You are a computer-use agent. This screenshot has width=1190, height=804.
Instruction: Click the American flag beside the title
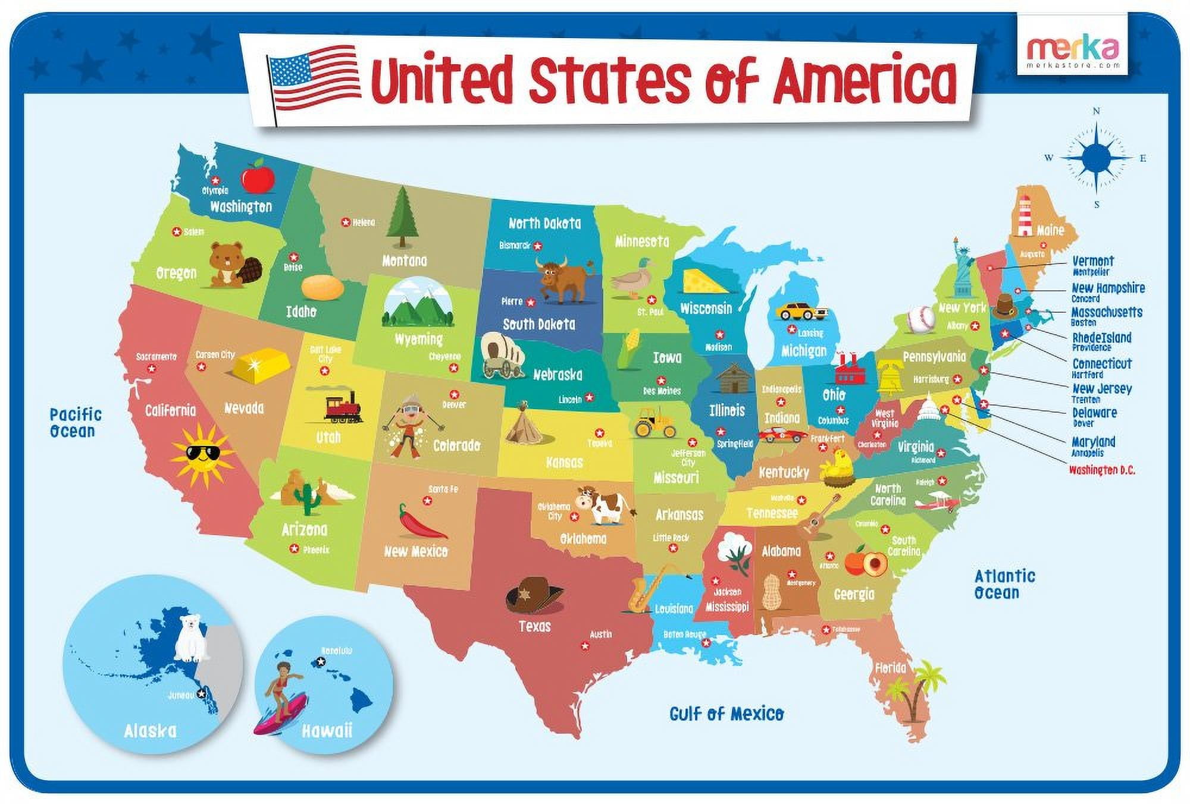[x=314, y=77]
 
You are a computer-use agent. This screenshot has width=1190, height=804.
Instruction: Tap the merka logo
[x=1073, y=48]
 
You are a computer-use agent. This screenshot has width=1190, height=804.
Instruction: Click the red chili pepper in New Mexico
[x=421, y=522]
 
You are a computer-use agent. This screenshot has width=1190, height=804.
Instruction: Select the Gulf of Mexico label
[x=726, y=713]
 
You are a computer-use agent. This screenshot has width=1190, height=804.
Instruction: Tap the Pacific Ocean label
[x=75, y=423]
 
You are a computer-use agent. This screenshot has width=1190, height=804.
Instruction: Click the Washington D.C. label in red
[x=1102, y=470]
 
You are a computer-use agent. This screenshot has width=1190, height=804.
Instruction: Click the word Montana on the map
[x=405, y=260]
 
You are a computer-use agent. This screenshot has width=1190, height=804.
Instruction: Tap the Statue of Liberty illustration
[x=960, y=267]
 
